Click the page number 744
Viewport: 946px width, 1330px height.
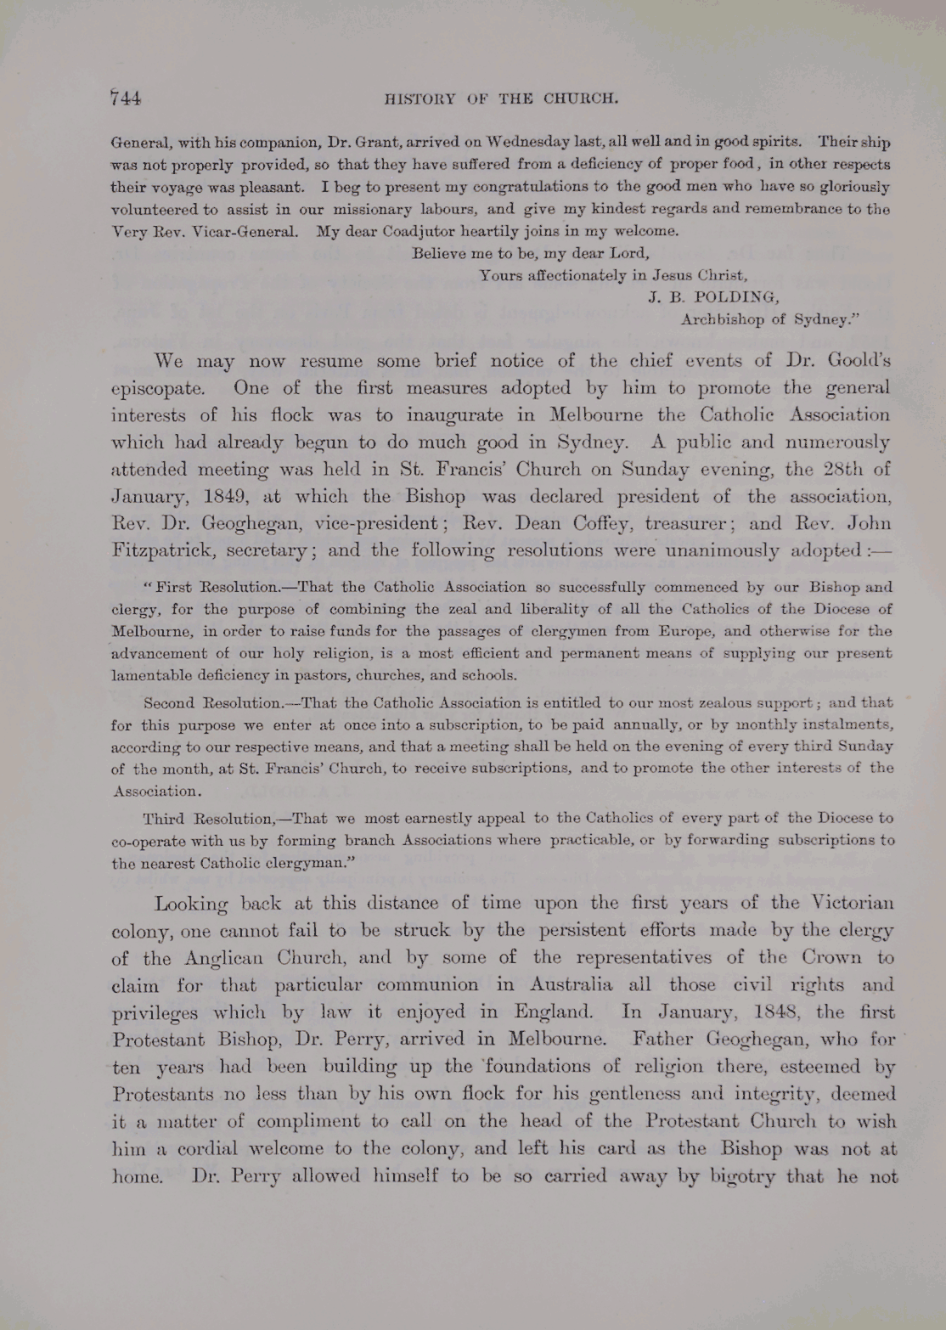126,98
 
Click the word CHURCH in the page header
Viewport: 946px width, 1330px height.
581,99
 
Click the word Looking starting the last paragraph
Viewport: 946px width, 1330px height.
191,904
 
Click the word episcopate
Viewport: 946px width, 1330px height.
158,389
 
